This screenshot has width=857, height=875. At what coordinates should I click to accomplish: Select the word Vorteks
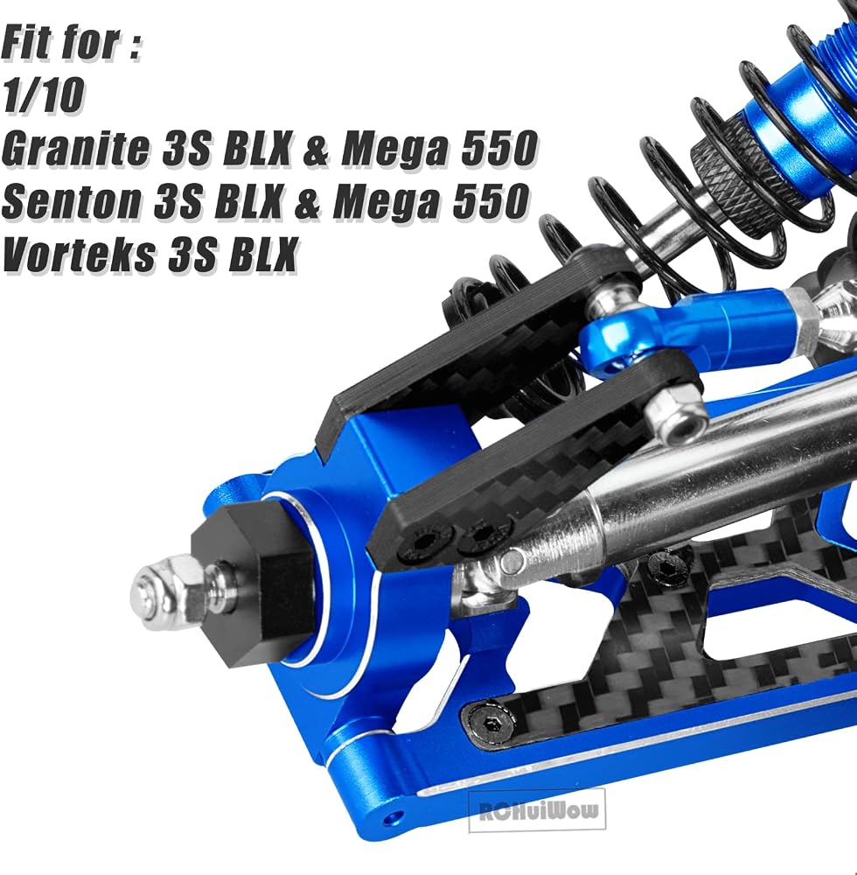(x=79, y=255)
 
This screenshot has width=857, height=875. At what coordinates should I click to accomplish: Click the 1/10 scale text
(x=44, y=95)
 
